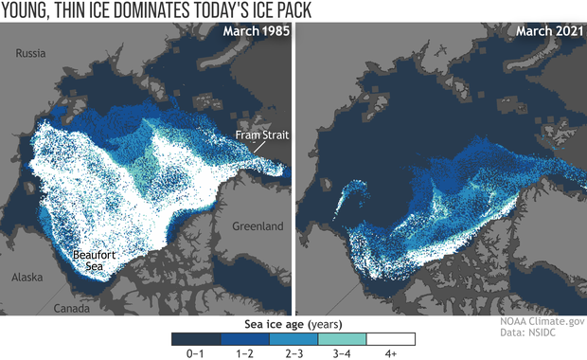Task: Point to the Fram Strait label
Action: pyautogui.click(x=261, y=135)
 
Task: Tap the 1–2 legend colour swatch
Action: pyautogui.click(x=244, y=337)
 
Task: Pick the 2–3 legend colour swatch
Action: pyautogui.click(x=293, y=337)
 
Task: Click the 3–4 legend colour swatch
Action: pyautogui.click(x=343, y=337)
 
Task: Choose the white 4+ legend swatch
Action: pyautogui.click(x=392, y=337)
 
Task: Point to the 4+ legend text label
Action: pyautogui.click(x=392, y=352)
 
